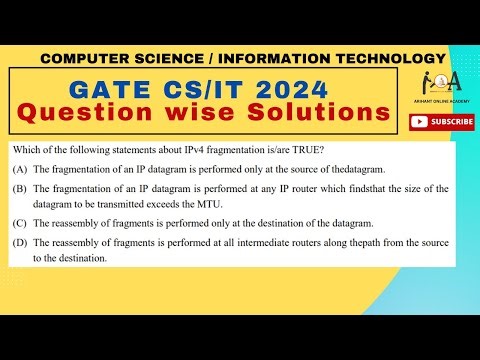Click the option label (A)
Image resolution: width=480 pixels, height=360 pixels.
pyautogui.click(x=19, y=171)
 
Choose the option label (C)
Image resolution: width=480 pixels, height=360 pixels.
pyautogui.click(x=19, y=223)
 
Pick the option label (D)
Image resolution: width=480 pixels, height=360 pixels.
pyautogui.click(x=19, y=243)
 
